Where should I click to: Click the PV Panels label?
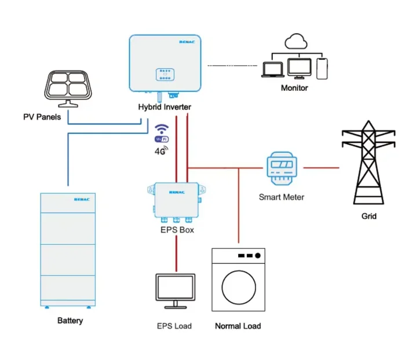click(x=42, y=117)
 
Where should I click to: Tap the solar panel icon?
click(x=69, y=87)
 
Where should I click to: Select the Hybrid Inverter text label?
click(x=164, y=107)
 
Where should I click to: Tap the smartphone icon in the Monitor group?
click(x=323, y=68)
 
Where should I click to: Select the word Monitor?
click(x=294, y=88)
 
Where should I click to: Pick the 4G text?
click(x=160, y=152)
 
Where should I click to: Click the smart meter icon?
click(x=282, y=168)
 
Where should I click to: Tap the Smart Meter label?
click(x=281, y=197)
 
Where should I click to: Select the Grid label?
click(x=368, y=216)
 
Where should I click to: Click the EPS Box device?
click(x=176, y=200)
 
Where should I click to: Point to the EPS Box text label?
click(x=177, y=229)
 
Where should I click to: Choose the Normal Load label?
click(x=238, y=326)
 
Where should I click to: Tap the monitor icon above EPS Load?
click(x=175, y=290)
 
